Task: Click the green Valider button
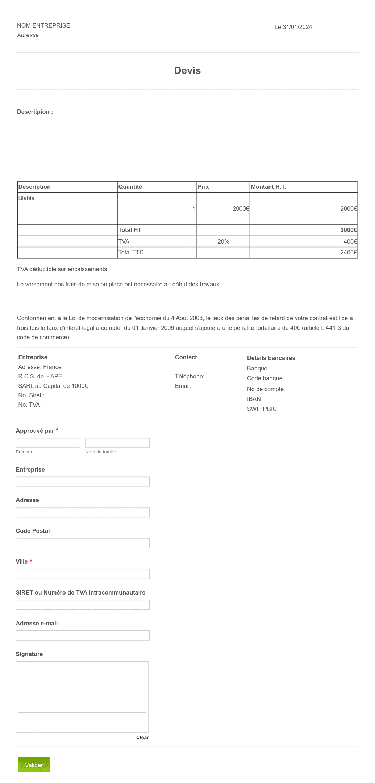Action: tap(34, 765)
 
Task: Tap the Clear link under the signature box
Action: tap(142, 737)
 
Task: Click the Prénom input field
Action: tap(48, 443)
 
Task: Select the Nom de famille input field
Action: tap(117, 443)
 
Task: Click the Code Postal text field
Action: tap(83, 543)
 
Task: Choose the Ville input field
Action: tap(83, 574)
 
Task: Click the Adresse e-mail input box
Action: tap(83, 635)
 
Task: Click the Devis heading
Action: tap(187, 71)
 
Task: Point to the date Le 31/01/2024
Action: tap(293, 27)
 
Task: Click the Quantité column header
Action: tap(130, 187)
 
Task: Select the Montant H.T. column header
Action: tap(268, 187)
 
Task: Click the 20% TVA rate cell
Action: tap(223, 241)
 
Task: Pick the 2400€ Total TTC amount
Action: tap(349, 253)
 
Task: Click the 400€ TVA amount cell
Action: tap(350, 241)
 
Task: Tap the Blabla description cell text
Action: tap(26, 198)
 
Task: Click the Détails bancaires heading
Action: tap(271, 358)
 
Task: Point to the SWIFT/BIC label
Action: tap(262, 409)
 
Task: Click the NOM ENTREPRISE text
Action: tap(43, 25)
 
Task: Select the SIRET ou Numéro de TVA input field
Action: tap(83, 605)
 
